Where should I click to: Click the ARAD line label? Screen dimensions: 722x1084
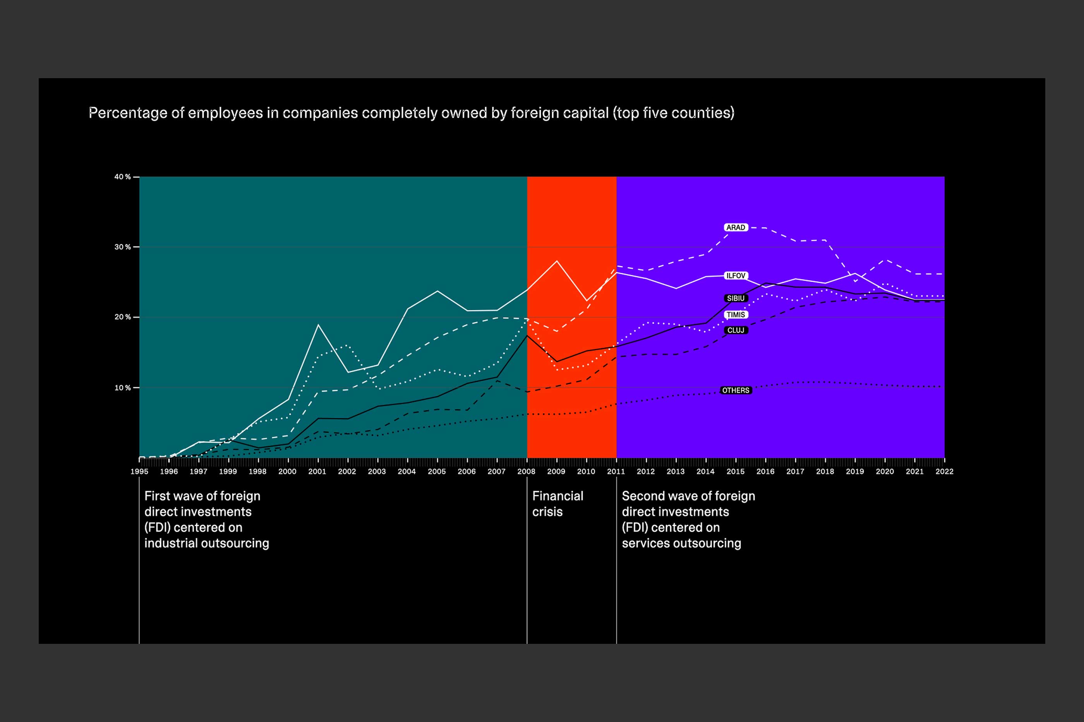click(x=735, y=228)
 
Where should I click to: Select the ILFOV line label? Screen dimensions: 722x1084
click(x=735, y=276)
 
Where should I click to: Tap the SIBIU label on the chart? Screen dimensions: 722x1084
click(x=735, y=298)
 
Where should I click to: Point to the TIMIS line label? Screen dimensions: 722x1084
click(x=735, y=315)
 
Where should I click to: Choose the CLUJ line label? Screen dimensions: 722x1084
click(x=735, y=330)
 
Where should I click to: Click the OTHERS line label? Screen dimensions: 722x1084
click(x=735, y=390)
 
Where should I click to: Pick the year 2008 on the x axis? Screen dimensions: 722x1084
click(x=526, y=472)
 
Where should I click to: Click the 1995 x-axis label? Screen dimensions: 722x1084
click(x=139, y=472)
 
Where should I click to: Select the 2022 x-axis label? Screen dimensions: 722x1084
click(x=944, y=472)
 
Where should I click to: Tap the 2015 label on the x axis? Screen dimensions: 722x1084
click(x=735, y=472)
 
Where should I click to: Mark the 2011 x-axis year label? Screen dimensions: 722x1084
click(x=616, y=472)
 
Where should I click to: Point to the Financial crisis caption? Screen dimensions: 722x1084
click(x=557, y=504)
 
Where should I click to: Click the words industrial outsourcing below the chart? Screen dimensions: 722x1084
click(x=206, y=543)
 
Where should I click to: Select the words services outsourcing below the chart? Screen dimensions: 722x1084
click(x=681, y=543)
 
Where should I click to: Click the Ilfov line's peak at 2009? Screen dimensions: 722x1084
click(x=557, y=261)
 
